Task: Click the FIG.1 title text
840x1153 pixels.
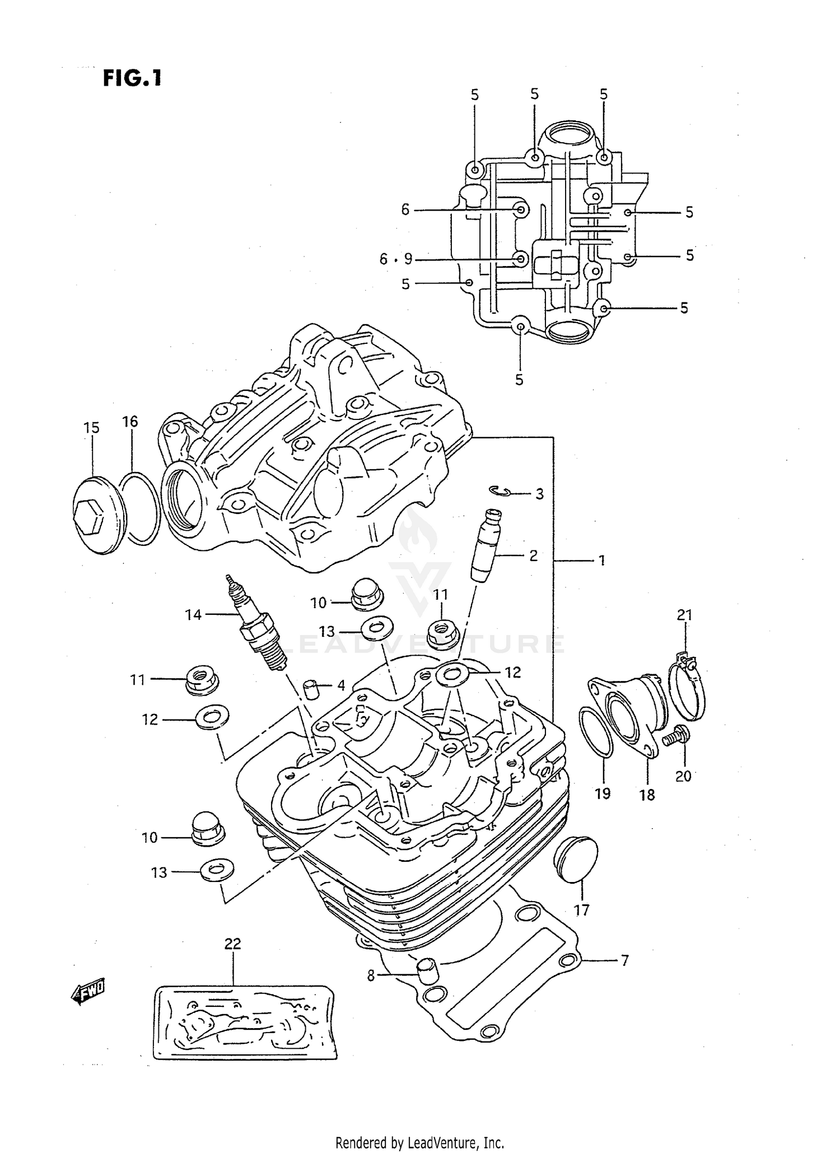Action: [x=132, y=78]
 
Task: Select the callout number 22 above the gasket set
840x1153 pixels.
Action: [x=232, y=944]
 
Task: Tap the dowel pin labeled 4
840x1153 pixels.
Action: [x=311, y=688]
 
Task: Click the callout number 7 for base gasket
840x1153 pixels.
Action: [x=625, y=960]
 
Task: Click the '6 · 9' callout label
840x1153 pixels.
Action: [x=395, y=259]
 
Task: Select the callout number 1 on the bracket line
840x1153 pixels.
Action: [x=601, y=560]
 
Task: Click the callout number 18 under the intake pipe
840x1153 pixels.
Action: [x=647, y=795]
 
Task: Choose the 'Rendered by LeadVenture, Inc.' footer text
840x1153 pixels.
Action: [x=419, y=1142]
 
